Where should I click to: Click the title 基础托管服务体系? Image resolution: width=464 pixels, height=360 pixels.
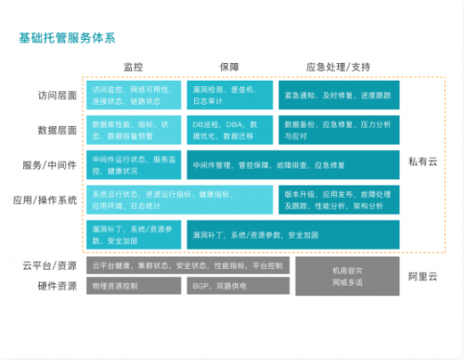(x=67, y=39)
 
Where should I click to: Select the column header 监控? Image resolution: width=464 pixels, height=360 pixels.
(x=133, y=67)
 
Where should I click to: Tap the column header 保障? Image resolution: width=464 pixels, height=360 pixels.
(x=228, y=67)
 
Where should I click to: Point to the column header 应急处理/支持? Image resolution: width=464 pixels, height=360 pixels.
(x=338, y=67)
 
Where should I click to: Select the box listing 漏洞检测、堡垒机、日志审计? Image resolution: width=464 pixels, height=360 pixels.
(x=228, y=93)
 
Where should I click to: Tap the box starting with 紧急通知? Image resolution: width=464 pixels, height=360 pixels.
(x=338, y=93)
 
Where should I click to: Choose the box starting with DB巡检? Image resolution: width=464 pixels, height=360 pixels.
(x=228, y=129)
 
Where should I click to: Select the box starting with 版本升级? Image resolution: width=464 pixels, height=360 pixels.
(x=338, y=199)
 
